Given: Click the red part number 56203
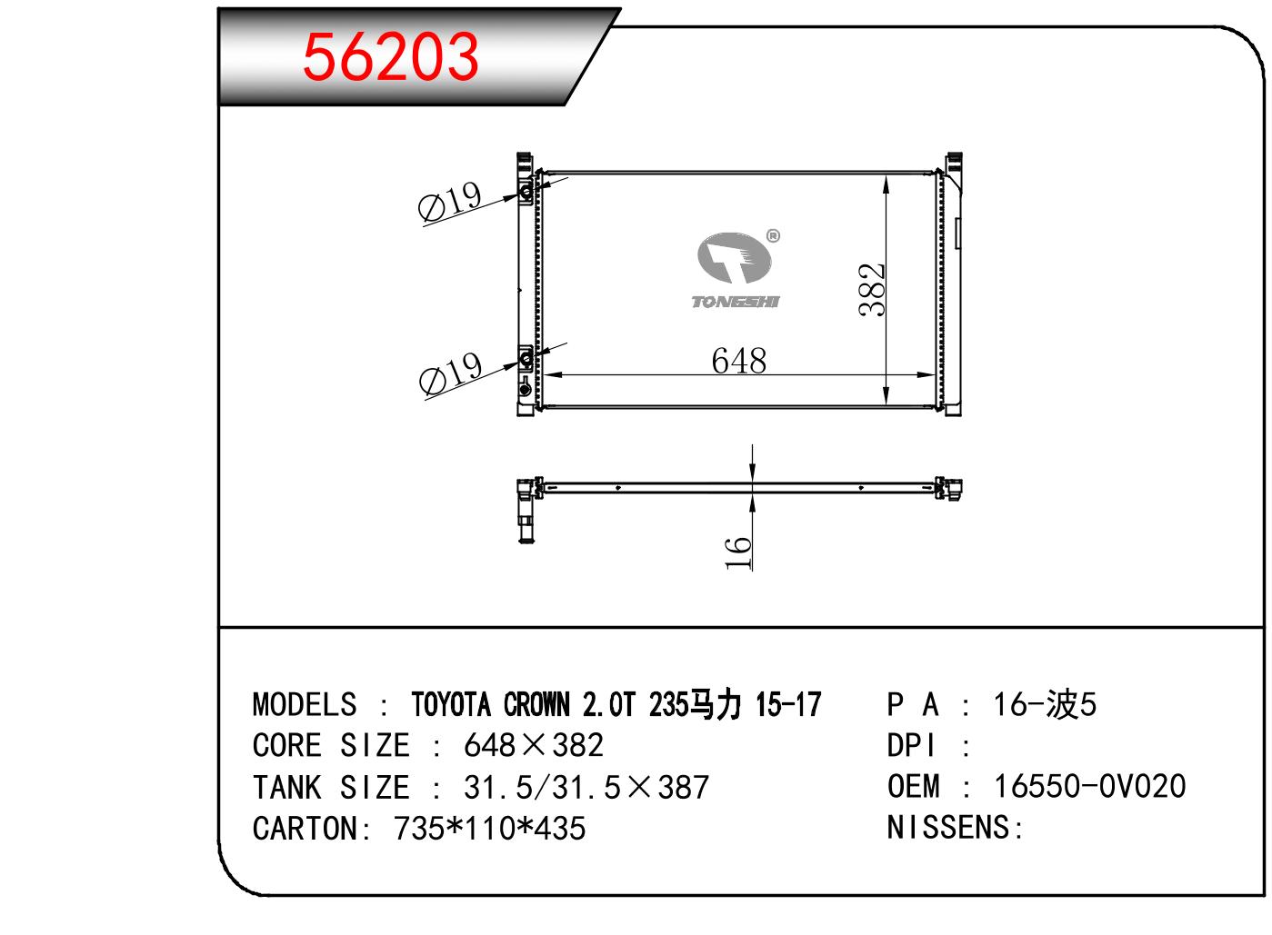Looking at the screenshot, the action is pyautogui.click(x=391, y=56).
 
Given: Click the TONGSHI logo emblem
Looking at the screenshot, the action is pyautogui.click(x=735, y=257).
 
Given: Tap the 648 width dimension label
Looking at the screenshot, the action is pyautogui.click(x=739, y=361).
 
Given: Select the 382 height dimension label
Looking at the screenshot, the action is pyautogui.click(x=872, y=289).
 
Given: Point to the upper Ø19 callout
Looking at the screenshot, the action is pyautogui.click(x=450, y=201).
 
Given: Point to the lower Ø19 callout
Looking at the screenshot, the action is pyautogui.click(x=451, y=373).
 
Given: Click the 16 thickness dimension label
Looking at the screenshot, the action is pyautogui.click(x=737, y=552).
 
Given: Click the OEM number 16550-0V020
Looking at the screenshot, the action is pyautogui.click(x=1090, y=787).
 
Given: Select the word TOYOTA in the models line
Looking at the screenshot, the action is pyautogui.click(x=451, y=705).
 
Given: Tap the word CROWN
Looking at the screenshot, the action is pyautogui.click(x=536, y=705).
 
